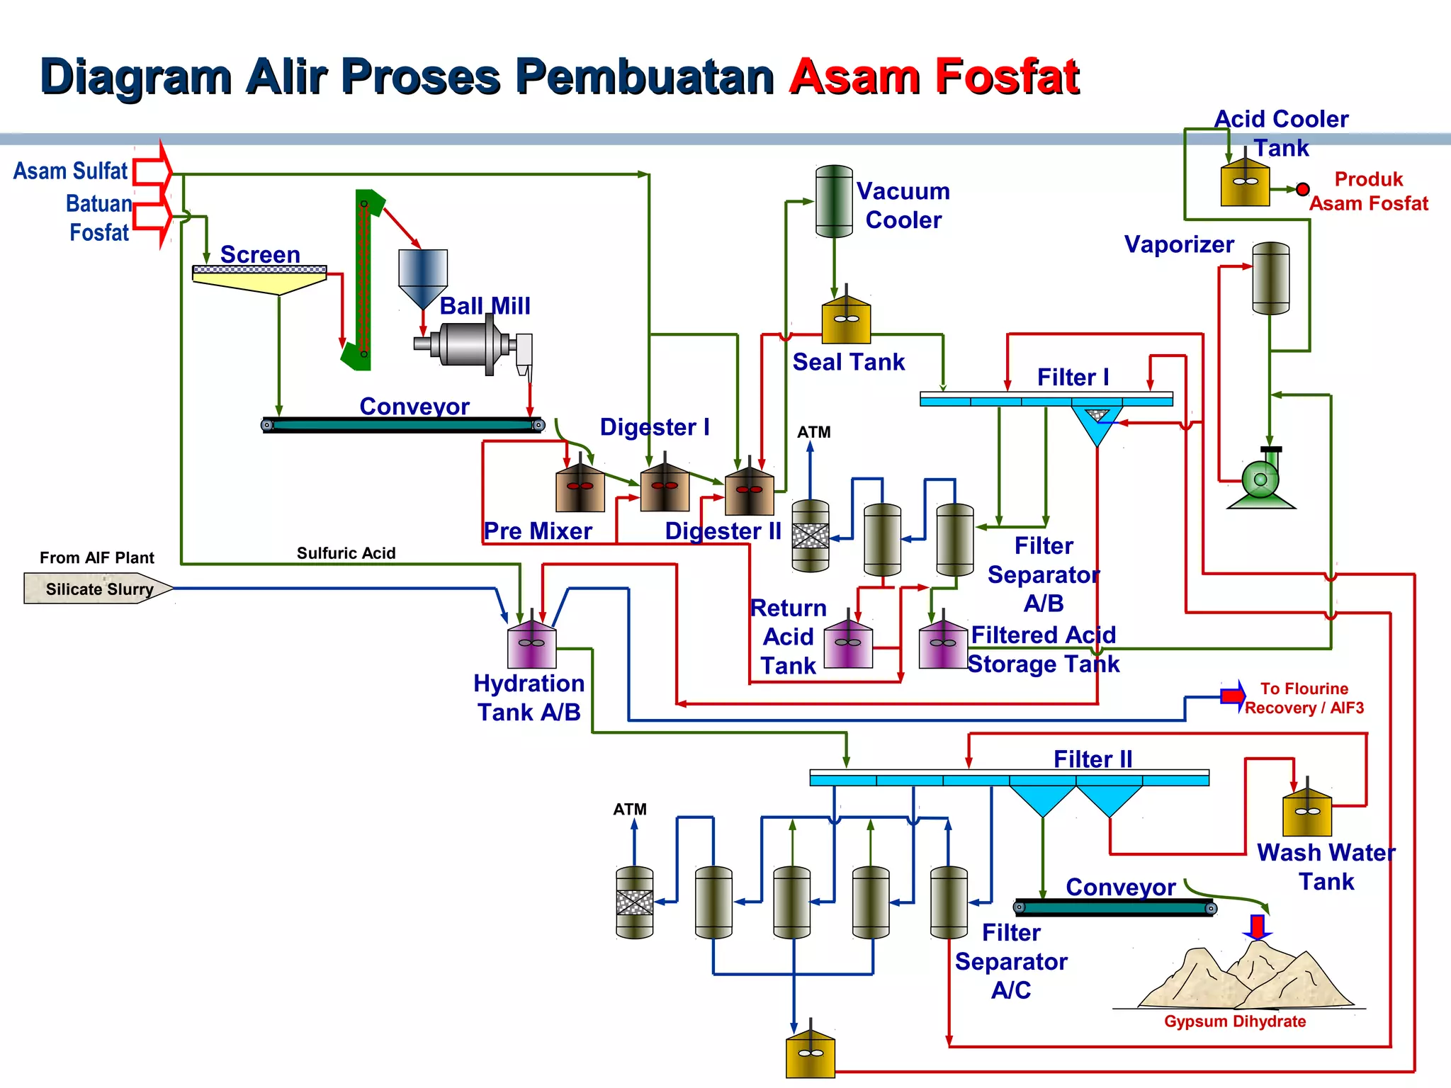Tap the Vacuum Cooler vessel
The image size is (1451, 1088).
(834, 201)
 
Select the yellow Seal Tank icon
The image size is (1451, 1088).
(846, 322)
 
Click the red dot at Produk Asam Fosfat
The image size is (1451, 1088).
(1302, 189)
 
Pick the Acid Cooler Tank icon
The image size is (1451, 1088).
(1245, 184)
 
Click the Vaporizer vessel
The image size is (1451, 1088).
(1270, 278)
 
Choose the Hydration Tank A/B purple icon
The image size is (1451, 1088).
(531, 646)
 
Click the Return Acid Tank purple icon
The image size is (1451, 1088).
(848, 645)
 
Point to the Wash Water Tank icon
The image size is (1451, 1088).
(1307, 815)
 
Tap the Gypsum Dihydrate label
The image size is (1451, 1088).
(1234, 1021)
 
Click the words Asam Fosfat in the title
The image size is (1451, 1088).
(934, 76)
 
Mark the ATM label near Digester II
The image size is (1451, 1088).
(813, 432)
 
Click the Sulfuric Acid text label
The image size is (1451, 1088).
(346, 553)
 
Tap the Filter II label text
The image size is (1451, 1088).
(1093, 759)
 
